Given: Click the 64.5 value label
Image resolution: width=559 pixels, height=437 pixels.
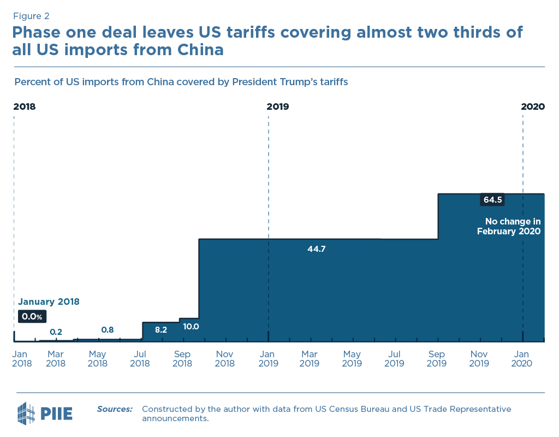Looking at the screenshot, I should [x=492, y=200].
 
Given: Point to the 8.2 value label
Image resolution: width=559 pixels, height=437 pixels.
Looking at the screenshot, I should [x=161, y=330].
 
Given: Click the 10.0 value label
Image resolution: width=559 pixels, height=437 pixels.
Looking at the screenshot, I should [x=191, y=327].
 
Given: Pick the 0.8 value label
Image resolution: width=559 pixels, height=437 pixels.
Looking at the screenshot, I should [x=108, y=330].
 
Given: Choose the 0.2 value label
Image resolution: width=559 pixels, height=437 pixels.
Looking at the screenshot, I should [x=56, y=332].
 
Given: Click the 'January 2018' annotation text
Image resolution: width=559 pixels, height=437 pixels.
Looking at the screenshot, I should [x=49, y=302].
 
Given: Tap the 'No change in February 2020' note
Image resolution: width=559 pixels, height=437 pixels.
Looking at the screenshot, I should [x=509, y=226].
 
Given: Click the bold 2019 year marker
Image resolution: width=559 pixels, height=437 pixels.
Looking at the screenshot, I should [x=278, y=107].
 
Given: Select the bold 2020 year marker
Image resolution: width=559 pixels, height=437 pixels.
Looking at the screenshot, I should [x=533, y=107].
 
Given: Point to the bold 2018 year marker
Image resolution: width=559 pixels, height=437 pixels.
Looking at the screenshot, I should [x=25, y=107].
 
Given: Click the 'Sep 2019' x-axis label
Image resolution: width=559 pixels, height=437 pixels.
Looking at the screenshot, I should [x=437, y=359].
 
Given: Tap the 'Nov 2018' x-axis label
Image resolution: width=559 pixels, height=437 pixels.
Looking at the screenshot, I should [x=225, y=359].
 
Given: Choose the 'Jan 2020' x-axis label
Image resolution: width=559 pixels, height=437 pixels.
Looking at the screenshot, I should [x=522, y=359].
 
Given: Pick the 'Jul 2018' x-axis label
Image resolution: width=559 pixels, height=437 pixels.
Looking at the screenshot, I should [x=140, y=359].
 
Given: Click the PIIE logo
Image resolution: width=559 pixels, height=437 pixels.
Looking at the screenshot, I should [x=45, y=413].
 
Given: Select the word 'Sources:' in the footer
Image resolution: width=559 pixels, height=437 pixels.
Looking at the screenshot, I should [x=115, y=409].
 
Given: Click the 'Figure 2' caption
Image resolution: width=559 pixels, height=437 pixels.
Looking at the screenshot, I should [x=32, y=16].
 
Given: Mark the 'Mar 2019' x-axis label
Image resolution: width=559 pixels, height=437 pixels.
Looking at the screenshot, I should [x=310, y=359].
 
